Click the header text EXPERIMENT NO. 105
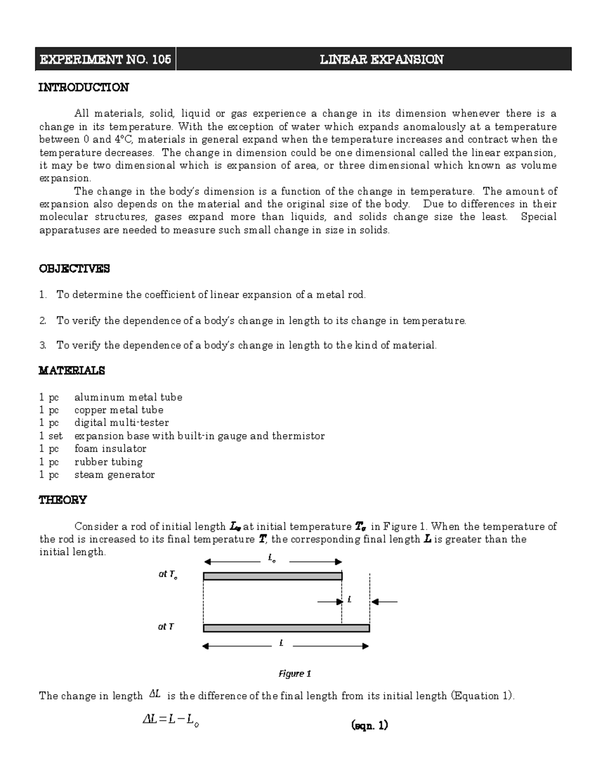click(x=105, y=60)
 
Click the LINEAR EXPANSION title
click(x=381, y=60)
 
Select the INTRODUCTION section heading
click(x=84, y=88)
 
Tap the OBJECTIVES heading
click(x=74, y=269)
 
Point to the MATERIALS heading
click(x=72, y=371)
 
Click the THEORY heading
click(x=63, y=500)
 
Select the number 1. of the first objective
click(x=43, y=295)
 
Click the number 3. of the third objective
click(x=43, y=345)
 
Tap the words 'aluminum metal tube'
click(x=128, y=397)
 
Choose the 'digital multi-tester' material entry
click(x=122, y=423)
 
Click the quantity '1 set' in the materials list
click(x=51, y=436)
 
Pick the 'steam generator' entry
click(x=114, y=475)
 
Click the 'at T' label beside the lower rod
click(x=166, y=627)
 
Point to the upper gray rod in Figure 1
click(x=273, y=576)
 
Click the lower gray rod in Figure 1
click(x=286, y=628)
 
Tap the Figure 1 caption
click(x=295, y=674)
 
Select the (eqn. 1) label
click(x=369, y=725)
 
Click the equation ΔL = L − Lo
click(x=171, y=720)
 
